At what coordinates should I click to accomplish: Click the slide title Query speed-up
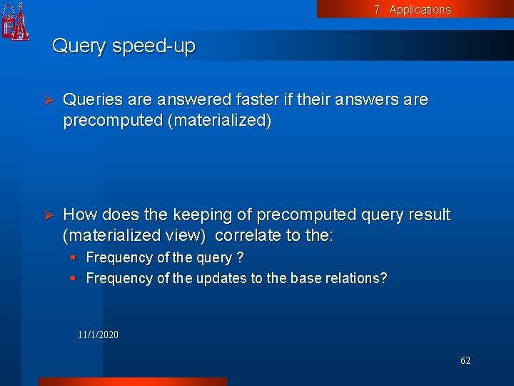click(x=124, y=46)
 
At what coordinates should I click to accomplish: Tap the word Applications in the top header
click(x=420, y=9)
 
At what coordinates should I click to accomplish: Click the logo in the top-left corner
click(x=16, y=21)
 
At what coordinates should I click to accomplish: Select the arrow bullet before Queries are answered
click(x=49, y=100)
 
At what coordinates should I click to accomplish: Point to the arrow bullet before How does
click(x=49, y=215)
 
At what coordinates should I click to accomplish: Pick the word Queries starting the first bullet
click(x=90, y=100)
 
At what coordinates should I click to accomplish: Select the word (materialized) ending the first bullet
click(x=219, y=121)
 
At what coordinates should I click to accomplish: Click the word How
click(x=80, y=215)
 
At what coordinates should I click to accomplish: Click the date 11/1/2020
click(x=99, y=335)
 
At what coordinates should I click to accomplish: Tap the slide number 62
click(x=465, y=361)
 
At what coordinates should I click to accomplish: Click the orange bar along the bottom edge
click(x=132, y=382)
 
